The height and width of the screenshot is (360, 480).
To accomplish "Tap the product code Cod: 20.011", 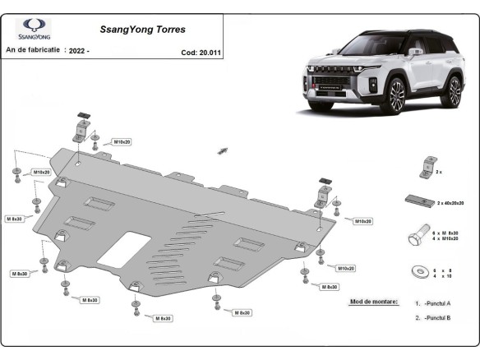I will pyautogui.click(x=200, y=52).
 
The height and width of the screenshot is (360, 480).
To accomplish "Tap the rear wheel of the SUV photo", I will pyautogui.click(x=454, y=91).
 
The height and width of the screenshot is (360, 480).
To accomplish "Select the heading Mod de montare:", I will pyautogui.click(x=373, y=302).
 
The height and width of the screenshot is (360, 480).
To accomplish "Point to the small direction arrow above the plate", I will pyautogui.click(x=222, y=150).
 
